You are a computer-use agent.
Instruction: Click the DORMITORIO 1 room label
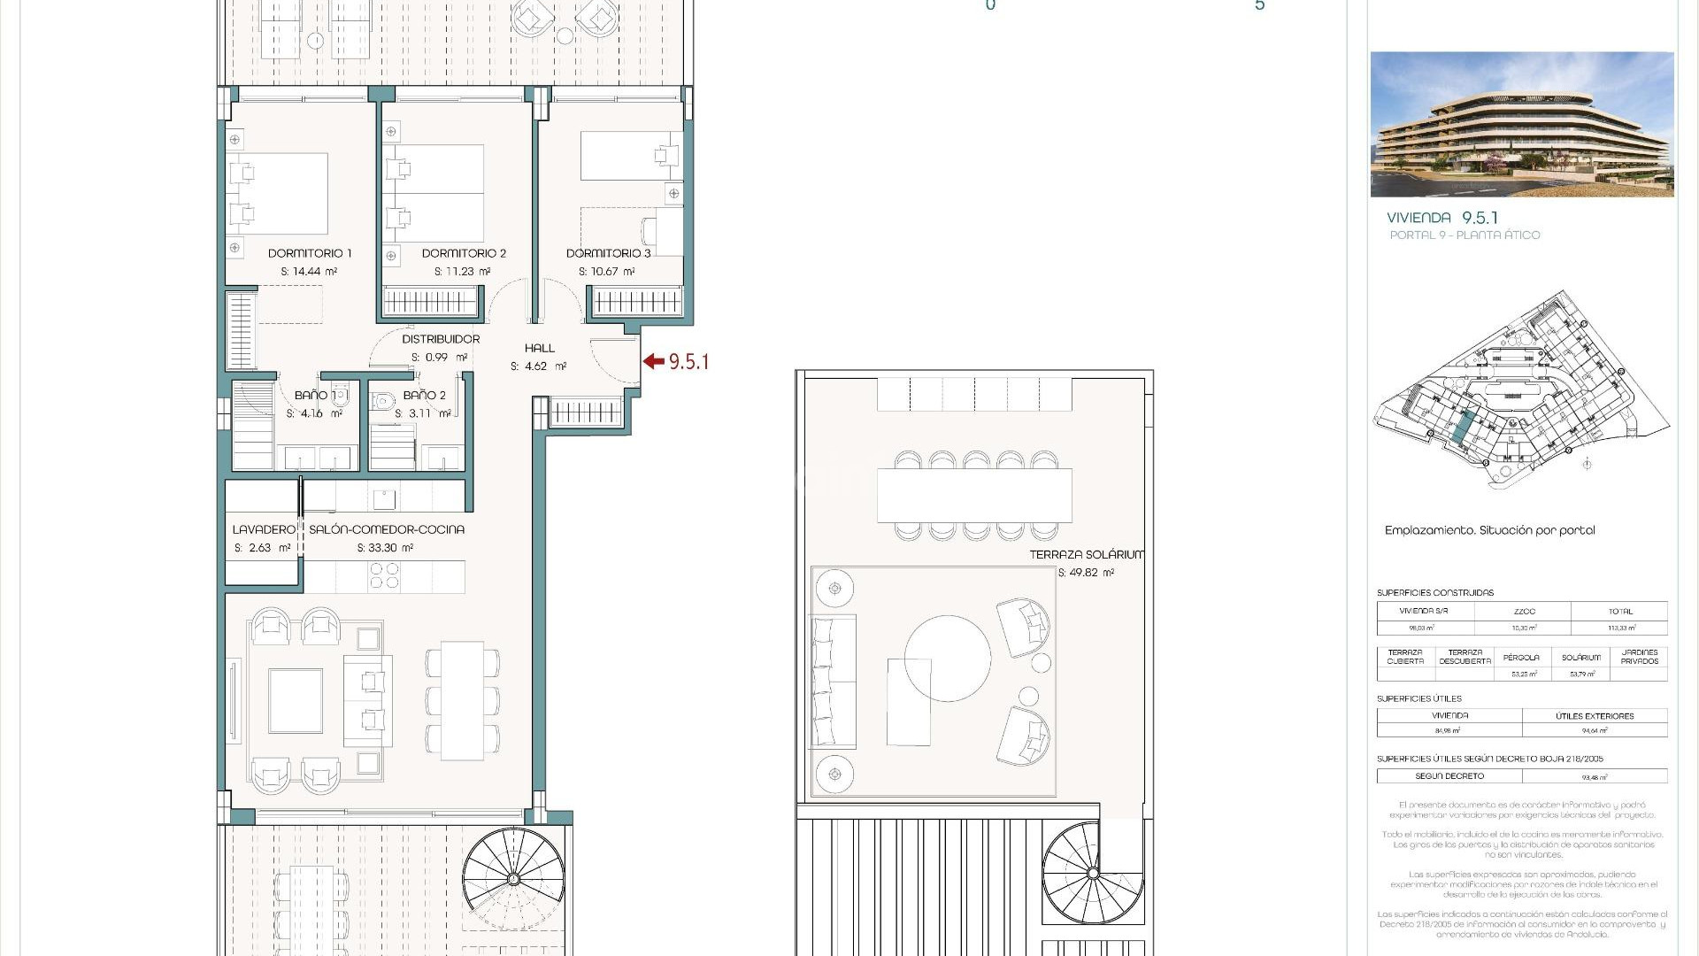click(x=310, y=253)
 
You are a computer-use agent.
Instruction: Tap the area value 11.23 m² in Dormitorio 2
click(x=462, y=272)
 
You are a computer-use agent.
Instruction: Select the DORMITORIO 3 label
click(x=608, y=253)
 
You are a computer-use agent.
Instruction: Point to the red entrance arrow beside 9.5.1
click(x=653, y=361)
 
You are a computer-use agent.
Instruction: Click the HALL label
click(x=539, y=348)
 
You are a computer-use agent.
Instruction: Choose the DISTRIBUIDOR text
click(x=441, y=339)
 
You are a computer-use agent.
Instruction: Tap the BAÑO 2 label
click(x=424, y=396)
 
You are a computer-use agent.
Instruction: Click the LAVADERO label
click(x=263, y=529)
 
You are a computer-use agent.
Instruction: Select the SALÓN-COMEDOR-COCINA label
click(x=386, y=529)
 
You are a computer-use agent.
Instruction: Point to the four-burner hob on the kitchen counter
click(x=384, y=576)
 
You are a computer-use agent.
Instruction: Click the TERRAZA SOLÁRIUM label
click(x=1086, y=555)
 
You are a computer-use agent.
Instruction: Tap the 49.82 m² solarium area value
click(x=1086, y=573)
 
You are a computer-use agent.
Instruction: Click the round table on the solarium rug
click(x=947, y=659)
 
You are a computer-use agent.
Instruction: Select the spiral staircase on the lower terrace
click(x=513, y=878)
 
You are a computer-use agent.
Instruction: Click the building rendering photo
click(x=1521, y=124)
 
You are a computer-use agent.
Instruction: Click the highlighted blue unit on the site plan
click(x=1461, y=428)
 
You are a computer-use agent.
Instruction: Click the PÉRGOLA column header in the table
click(x=1521, y=658)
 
